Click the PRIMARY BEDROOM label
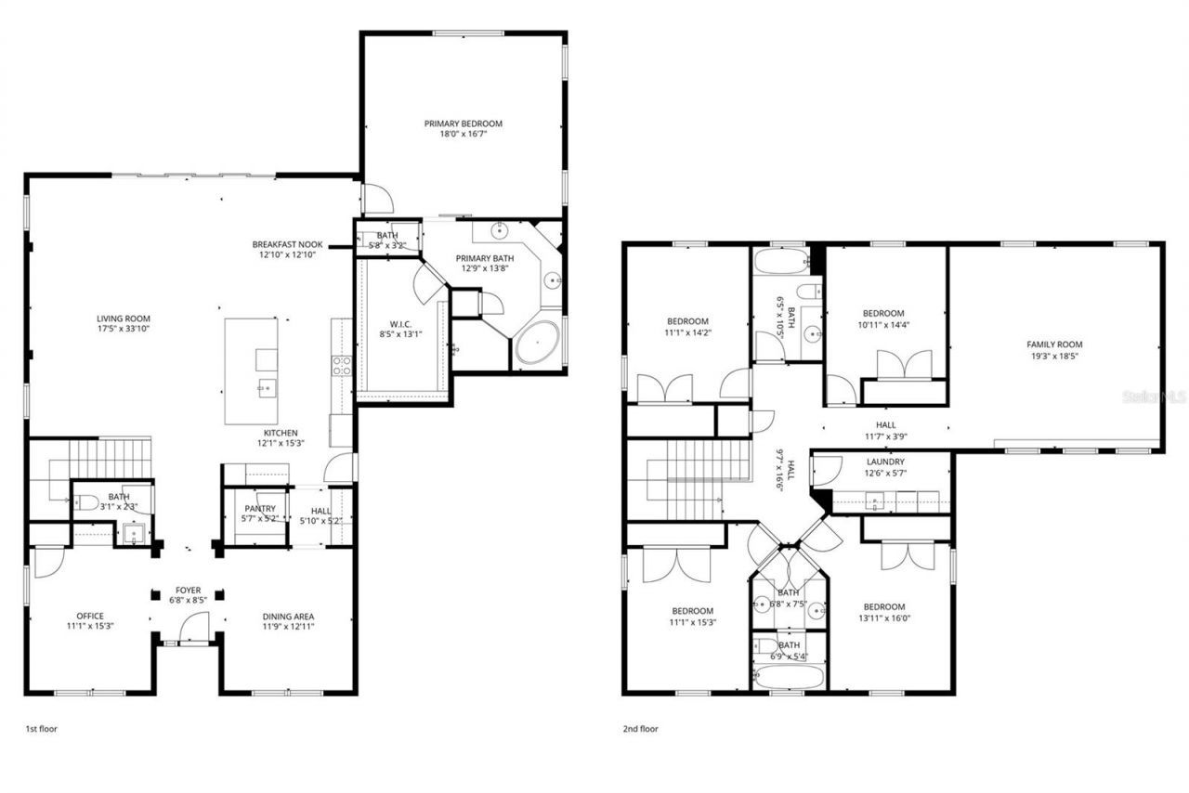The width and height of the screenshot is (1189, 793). pos(463,123)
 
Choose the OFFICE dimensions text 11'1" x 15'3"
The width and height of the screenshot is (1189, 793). pos(90,626)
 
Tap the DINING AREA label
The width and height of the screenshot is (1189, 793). pos(289,616)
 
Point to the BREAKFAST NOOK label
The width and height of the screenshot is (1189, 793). pos(287,244)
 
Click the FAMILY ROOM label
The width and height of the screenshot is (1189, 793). pos(1054,344)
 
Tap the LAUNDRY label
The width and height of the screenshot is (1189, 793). pos(885,461)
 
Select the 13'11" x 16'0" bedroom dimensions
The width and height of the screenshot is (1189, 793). pos(884,617)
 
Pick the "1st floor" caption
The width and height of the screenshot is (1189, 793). pos(41,729)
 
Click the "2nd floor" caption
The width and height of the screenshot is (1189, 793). pos(640,729)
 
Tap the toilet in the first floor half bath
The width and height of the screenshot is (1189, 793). pos(89,502)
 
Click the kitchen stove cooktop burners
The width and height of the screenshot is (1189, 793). pos(341,365)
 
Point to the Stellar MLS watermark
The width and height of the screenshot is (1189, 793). pos(1154,396)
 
